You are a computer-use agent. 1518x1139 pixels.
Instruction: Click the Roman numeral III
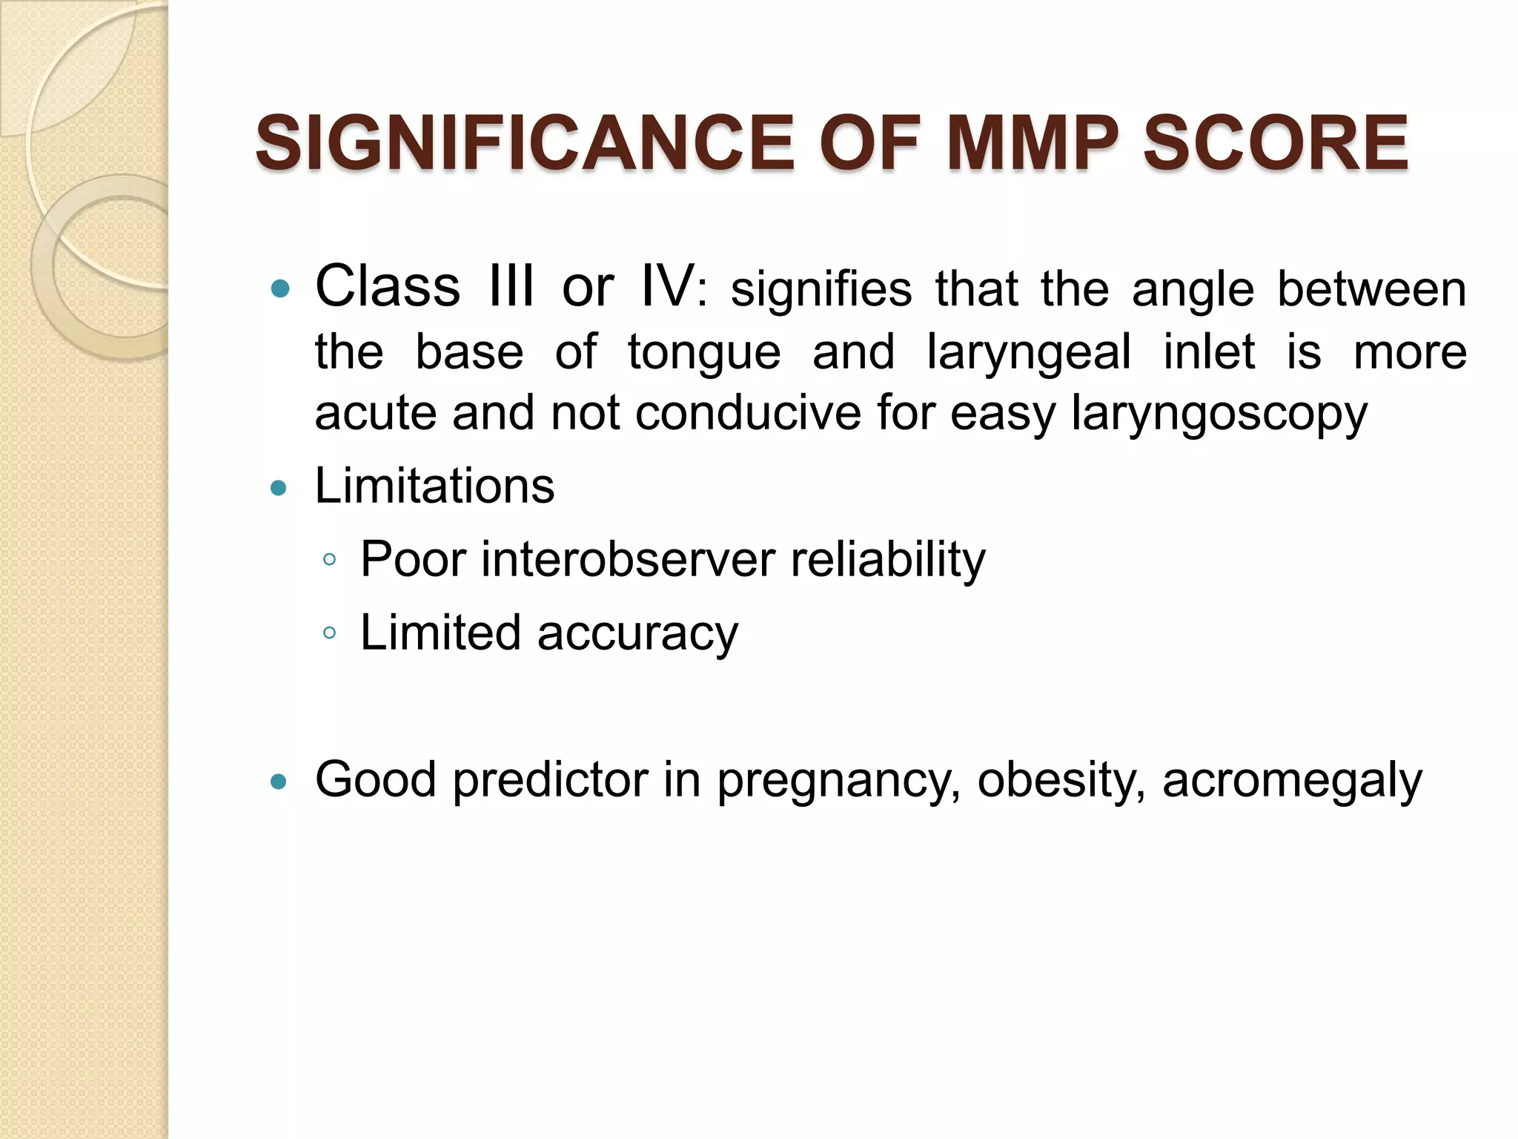tap(511, 286)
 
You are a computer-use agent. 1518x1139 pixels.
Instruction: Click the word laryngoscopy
tap(1219, 414)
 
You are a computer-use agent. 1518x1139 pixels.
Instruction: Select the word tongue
tap(703, 351)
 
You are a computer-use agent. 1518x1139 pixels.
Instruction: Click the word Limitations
tap(434, 486)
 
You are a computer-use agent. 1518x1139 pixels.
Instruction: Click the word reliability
tap(888, 561)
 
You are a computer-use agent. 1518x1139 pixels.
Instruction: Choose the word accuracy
tap(637, 635)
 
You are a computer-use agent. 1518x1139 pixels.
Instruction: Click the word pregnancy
tap(838, 782)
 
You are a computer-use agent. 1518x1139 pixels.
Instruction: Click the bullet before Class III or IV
tap(279, 288)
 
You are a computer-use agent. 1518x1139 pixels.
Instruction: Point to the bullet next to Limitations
tap(279, 488)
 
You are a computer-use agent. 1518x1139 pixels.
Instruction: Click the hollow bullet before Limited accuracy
tap(330, 633)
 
